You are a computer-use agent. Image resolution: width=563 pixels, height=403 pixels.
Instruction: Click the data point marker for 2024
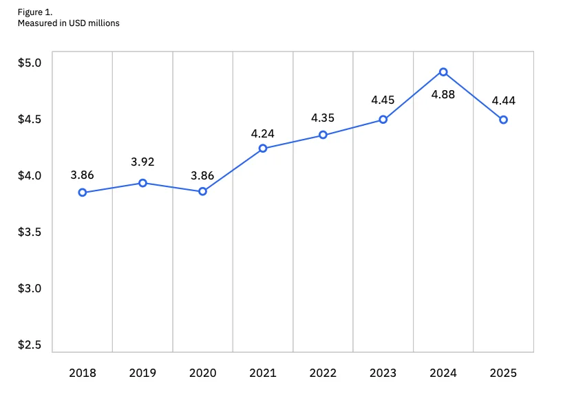click(x=443, y=72)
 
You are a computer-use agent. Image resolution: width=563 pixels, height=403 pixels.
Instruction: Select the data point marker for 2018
click(x=82, y=193)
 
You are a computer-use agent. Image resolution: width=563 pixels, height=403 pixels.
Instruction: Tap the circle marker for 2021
click(x=263, y=149)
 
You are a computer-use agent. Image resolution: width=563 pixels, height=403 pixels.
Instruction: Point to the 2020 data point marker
click(x=202, y=191)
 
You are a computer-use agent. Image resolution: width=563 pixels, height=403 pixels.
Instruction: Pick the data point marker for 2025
click(x=503, y=120)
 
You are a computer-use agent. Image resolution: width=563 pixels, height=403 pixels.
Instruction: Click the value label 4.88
click(x=443, y=94)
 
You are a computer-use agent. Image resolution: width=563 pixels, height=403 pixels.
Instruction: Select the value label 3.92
click(x=142, y=162)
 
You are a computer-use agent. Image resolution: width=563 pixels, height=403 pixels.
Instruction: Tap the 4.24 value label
click(x=262, y=134)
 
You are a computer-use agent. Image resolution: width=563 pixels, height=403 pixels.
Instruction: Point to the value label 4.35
click(x=323, y=118)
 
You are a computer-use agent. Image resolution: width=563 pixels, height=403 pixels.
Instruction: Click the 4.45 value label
click(x=383, y=100)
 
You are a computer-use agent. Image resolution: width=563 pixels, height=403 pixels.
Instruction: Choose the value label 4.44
click(x=503, y=101)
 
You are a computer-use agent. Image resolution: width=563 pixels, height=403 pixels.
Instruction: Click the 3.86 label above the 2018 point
click(x=82, y=175)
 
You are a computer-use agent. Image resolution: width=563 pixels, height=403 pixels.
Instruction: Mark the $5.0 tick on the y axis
click(x=30, y=63)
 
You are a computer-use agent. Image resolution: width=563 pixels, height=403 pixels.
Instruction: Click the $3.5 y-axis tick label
click(x=30, y=232)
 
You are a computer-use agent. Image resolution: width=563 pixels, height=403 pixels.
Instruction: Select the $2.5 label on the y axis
click(x=30, y=345)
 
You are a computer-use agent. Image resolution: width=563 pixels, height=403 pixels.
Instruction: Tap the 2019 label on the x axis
click(x=142, y=373)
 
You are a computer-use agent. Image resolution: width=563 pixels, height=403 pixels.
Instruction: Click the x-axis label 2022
click(x=323, y=373)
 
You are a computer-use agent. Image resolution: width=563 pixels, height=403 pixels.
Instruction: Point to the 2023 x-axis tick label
click(x=383, y=373)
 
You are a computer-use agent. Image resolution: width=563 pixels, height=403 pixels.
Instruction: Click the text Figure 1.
click(x=35, y=12)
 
